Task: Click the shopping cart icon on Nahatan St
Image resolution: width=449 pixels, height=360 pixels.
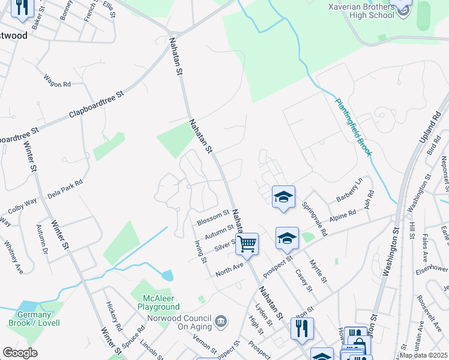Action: (x=247, y=244)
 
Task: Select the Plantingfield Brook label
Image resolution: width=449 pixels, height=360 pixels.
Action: (x=354, y=128)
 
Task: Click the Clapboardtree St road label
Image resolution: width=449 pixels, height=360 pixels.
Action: (x=96, y=104)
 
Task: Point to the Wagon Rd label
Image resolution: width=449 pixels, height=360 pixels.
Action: (x=57, y=81)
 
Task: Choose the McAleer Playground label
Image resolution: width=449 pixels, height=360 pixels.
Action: (x=161, y=302)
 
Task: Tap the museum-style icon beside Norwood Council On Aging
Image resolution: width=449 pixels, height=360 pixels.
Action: (x=222, y=322)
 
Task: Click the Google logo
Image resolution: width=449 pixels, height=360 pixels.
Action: (x=20, y=353)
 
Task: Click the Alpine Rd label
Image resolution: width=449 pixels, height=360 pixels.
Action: (x=343, y=217)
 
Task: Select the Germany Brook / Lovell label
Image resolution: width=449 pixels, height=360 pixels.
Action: (x=34, y=319)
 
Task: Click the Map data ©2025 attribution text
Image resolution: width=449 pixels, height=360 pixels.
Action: (x=423, y=355)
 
